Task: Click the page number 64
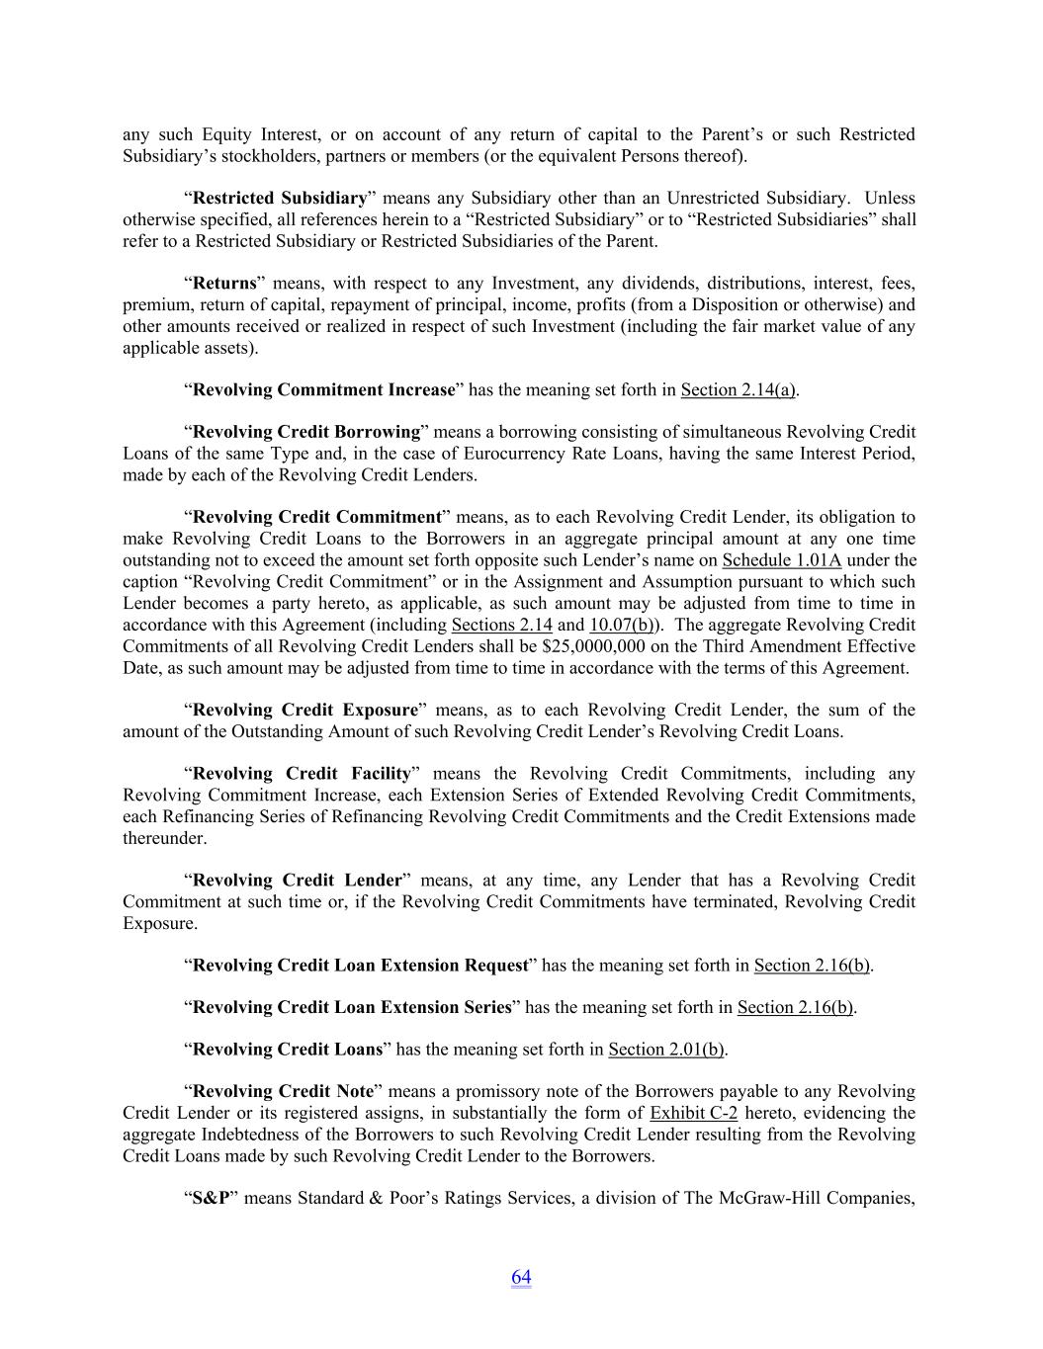point(521,1277)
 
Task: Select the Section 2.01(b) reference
point(666,1049)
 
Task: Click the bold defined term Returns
point(224,284)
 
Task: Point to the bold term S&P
point(211,1198)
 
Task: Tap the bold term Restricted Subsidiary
point(280,198)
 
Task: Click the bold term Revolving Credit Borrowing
point(306,432)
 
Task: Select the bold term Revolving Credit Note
point(283,1091)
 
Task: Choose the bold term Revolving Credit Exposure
point(305,710)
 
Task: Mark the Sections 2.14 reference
point(501,625)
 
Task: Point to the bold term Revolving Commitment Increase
point(323,389)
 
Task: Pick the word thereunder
point(164,838)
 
